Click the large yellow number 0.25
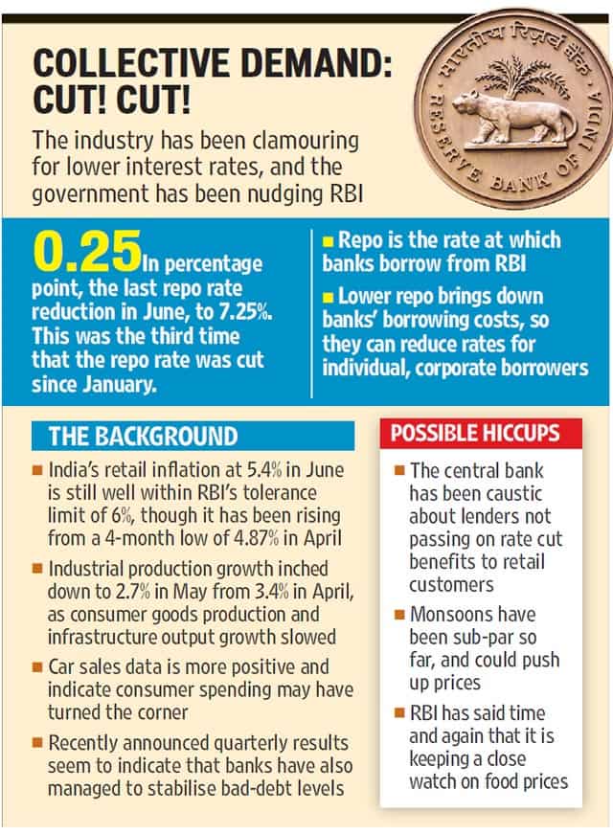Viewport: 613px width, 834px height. [87, 251]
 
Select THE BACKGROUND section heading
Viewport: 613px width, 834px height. [143, 436]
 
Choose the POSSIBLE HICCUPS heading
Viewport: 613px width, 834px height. [475, 433]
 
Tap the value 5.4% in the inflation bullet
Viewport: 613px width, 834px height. [264, 469]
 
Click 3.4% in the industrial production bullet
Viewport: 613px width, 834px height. [271, 592]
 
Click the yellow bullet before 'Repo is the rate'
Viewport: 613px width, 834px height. [329, 242]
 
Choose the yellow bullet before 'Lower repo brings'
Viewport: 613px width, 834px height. [329, 298]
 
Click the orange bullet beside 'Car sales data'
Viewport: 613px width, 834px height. [36, 667]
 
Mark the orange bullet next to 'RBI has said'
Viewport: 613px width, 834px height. [399, 712]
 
